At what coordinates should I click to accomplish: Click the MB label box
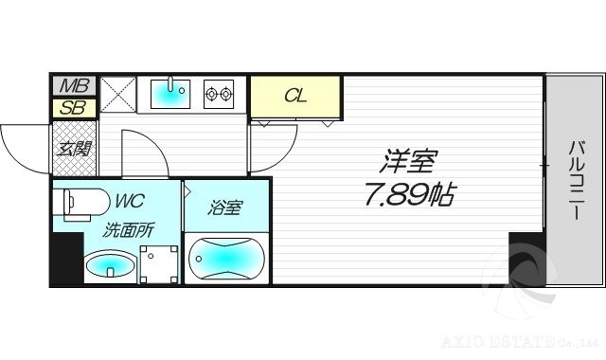pyautogui.click(x=71, y=86)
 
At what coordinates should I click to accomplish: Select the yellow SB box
pyautogui.click(x=71, y=107)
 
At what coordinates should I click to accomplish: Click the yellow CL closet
pyautogui.click(x=295, y=95)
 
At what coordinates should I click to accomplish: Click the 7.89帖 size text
pyautogui.click(x=409, y=196)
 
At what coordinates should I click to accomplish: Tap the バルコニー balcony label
pyautogui.click(x=575, y=180)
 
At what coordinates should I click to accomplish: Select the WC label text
pyautogui.click(x=131, y=202)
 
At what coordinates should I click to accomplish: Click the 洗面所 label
pyautogui.click(x=129, y=228)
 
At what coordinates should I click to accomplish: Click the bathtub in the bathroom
pyautogui.click(x=225, y=259)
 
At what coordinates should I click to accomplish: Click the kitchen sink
pyautogui.click(x=171, y=93)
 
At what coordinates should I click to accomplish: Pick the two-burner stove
pyautogui.click(x=219, y=93)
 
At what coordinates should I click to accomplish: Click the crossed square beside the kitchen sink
pyautogui.click(x=117, y=94)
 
